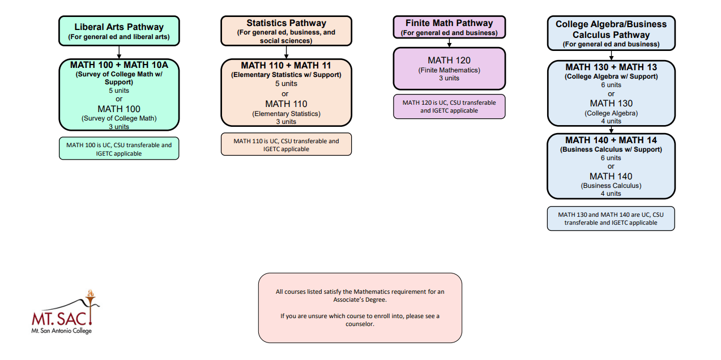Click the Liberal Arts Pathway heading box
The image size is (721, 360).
pos(119,31)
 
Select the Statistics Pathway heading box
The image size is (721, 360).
pos(286,31)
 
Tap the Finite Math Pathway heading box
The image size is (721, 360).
pos(449,27)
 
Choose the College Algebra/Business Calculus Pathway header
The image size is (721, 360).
pos(611,33)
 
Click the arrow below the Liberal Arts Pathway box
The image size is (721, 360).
pos(119,53)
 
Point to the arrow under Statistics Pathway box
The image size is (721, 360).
pos(286,52)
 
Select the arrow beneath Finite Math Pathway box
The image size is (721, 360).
pos(449,43)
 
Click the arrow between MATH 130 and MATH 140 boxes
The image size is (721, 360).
pos(611,130)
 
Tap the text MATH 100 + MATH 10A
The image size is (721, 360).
pos(119,65)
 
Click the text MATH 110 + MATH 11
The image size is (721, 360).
pos(286,66)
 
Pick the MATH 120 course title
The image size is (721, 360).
pos(449,61)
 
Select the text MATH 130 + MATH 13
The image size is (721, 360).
pos(611,67)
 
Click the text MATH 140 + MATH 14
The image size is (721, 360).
pos(611,140)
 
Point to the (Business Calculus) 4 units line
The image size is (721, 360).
pos(611,189)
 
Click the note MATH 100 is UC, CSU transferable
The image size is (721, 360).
pos(119,148)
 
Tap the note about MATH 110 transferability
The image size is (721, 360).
pos(286,144)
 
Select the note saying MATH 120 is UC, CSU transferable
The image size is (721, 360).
pos(449,106)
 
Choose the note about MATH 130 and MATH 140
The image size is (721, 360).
pos(611,218)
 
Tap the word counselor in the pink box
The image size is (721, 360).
pos(360,324)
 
